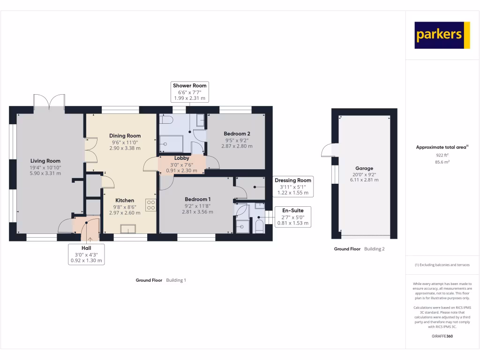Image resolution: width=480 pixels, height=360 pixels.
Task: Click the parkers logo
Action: tap(442, 35)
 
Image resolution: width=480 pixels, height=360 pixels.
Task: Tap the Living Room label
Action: tap(46, 161)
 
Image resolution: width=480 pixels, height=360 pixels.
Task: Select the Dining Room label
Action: tap(125, 136)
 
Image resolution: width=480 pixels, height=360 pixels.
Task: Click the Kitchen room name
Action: tap(125, 200)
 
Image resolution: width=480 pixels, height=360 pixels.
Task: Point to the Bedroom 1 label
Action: tap(197, 199)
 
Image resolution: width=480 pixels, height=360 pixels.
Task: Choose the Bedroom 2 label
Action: tap(237, 134)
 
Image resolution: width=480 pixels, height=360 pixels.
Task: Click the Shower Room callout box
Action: tap(190, 91)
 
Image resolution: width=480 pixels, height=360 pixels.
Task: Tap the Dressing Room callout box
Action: tap(292, 187)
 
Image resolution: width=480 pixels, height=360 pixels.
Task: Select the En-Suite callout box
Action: tap(292, 217)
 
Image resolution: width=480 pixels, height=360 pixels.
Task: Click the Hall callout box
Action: tap(86, 254)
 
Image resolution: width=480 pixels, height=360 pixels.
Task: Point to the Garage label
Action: tap(364, 168)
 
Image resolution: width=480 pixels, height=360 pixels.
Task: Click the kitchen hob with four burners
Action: tap(151, 204)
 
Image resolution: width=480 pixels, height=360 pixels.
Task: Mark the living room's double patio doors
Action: tap(49, 102)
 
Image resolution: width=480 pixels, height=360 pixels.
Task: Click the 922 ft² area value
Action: tap(442, 155)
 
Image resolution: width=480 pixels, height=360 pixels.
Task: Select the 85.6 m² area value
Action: tap(442, 162)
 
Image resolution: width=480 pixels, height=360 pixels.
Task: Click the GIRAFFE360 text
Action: tap(442, 336)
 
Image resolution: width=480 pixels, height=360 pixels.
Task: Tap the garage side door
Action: tap(327, 150)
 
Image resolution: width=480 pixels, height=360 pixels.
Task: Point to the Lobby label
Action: tap(182, 158)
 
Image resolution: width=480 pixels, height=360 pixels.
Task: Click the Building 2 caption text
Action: tap(374, 249)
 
